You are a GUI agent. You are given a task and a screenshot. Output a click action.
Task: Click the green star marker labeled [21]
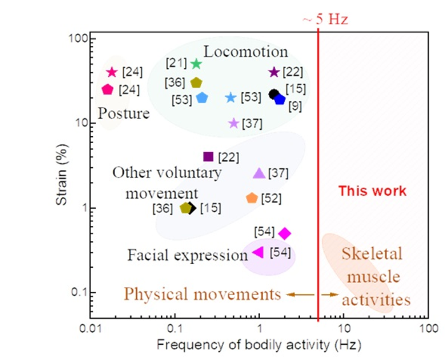196,64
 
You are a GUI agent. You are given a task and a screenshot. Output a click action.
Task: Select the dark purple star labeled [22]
274,72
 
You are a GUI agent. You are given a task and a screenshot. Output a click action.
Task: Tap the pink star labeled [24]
113,72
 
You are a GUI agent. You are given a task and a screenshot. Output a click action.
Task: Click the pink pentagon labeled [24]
107,90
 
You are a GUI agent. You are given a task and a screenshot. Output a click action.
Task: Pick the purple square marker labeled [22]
207,156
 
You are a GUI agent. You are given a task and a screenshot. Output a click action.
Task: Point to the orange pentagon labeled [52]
252,198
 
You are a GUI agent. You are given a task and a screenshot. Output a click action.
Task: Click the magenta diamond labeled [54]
285,233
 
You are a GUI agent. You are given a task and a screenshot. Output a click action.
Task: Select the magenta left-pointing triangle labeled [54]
258,252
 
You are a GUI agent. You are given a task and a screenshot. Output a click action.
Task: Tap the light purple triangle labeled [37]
259,173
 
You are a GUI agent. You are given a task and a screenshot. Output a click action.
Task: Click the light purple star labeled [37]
233,123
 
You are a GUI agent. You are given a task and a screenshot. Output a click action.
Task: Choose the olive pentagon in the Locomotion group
196,83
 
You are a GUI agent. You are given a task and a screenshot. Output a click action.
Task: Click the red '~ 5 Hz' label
324,19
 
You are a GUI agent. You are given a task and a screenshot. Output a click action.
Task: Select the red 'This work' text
372,191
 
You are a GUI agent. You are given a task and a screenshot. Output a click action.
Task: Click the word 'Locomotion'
246,52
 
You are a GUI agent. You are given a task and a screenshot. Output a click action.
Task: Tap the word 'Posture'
123,114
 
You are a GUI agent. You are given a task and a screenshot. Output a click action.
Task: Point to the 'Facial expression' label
187,256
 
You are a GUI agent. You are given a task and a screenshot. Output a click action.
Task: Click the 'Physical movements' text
202,294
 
